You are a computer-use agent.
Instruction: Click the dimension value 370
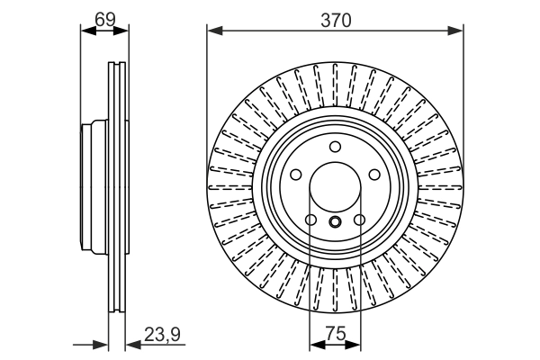334,18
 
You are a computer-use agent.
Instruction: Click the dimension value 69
104,17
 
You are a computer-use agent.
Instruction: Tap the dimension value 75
335,334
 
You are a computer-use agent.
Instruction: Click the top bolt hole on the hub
335,147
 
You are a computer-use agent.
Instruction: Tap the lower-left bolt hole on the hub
310,220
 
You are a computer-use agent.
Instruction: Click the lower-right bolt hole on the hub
359,220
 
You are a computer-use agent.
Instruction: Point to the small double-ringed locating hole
335,224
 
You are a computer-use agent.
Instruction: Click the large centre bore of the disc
335,191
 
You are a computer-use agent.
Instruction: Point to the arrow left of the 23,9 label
132,345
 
